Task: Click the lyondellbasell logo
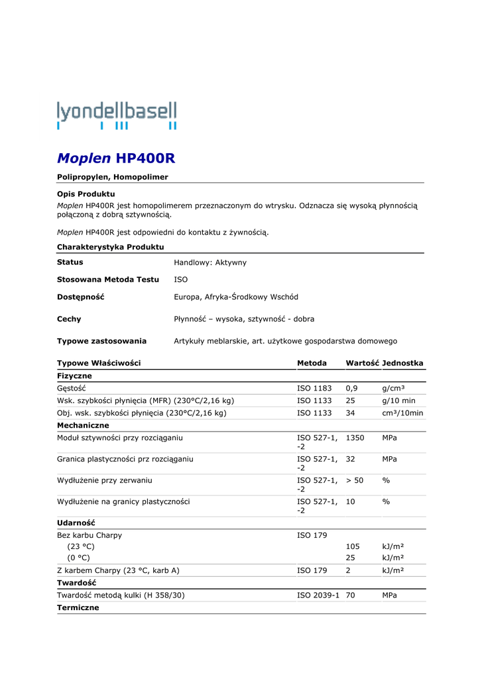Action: [117, 115]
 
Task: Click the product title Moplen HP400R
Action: [116, 158]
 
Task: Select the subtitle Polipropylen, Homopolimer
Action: [113, 177]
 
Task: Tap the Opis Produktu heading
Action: [86, 194]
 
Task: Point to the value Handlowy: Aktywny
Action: [210, 263]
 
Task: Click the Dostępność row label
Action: [81, 297]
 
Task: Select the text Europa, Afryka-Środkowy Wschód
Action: [236, 297]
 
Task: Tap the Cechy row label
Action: [69, 319]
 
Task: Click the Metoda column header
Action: [312, 363]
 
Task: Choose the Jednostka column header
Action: [403, 363]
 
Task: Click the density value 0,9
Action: [352, 388]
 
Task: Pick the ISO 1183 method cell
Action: [314, 388]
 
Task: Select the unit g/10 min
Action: [399, 401]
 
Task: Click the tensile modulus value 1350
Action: [355, 438]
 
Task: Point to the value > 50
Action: [355, 480]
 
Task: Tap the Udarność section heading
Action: [76, 523]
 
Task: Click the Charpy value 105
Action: [353, 546]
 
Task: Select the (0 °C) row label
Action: [78, 558]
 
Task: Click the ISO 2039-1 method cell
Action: [318, 595]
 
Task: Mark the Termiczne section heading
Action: [78, 607]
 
